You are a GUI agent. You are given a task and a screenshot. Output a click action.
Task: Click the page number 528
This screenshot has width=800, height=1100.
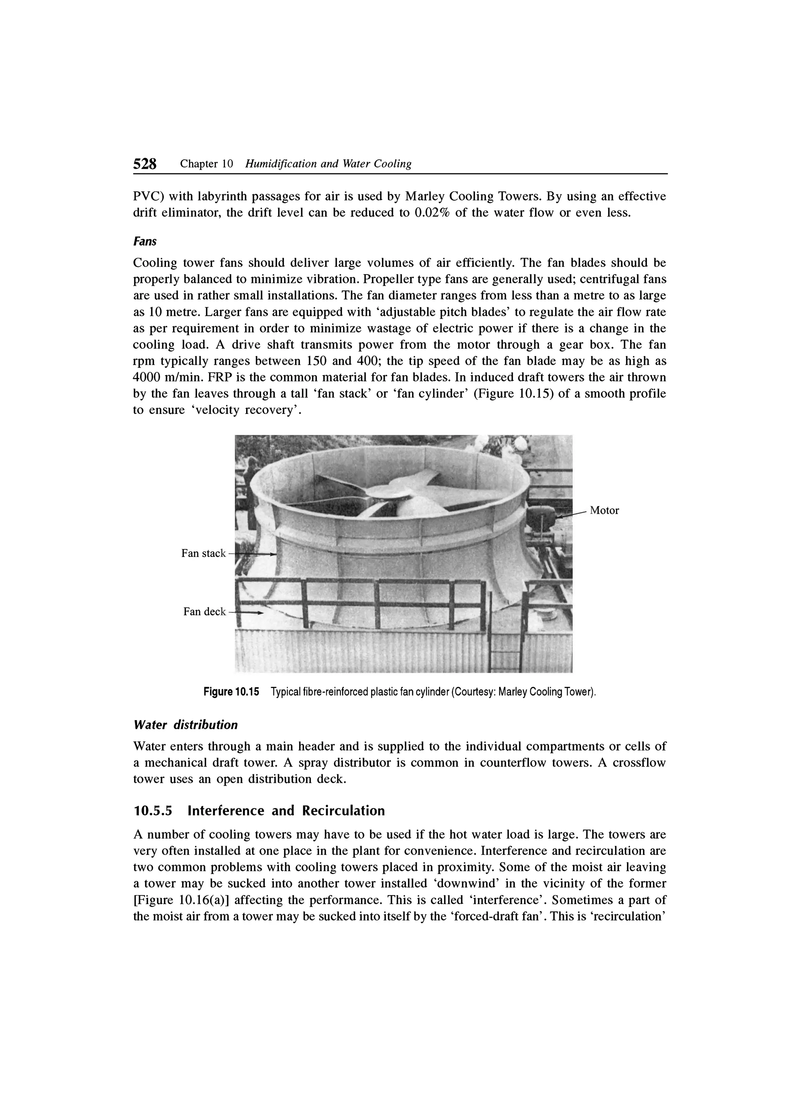click(145, 164)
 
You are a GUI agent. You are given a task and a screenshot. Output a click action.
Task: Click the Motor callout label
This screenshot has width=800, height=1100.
click(604, 510)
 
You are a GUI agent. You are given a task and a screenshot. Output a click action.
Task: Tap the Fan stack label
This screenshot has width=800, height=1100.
click(203, 553)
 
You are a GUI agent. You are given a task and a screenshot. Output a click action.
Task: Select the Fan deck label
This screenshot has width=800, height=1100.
click(204, 612)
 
